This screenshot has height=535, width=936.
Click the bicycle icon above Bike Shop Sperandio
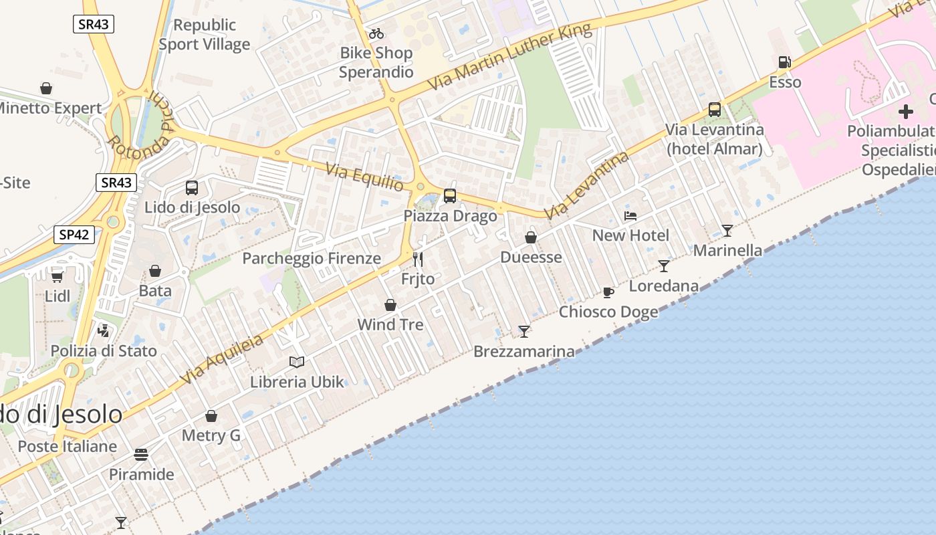pos(376,33)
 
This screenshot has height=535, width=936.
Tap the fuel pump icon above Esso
pos(784,62)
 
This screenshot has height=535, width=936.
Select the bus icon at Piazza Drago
pos(450,195)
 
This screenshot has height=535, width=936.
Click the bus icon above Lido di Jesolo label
pos(192,187)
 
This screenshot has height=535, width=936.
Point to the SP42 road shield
pos(74,235)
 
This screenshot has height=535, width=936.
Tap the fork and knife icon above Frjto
pos(418,259)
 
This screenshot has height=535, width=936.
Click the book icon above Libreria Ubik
pos(297,362)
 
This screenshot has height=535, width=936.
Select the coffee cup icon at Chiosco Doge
pos(608,292)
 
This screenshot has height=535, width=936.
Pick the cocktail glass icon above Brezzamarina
pos(523,331)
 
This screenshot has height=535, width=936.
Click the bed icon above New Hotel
pos(630,215)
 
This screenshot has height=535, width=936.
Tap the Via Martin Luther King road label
pos(509,58)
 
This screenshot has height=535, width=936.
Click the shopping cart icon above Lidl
pos(57,276)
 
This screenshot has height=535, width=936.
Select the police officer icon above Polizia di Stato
pos(104,330)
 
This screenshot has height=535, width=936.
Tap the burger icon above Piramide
pos(141,455)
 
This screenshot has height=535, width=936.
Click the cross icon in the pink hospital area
pos(906,111)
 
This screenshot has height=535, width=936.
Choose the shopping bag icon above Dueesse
pos(531,237)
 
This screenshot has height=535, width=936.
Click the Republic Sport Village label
pos(204,35)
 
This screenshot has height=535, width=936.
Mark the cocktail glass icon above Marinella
pos(727,230)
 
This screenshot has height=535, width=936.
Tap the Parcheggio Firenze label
pos(312,258)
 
